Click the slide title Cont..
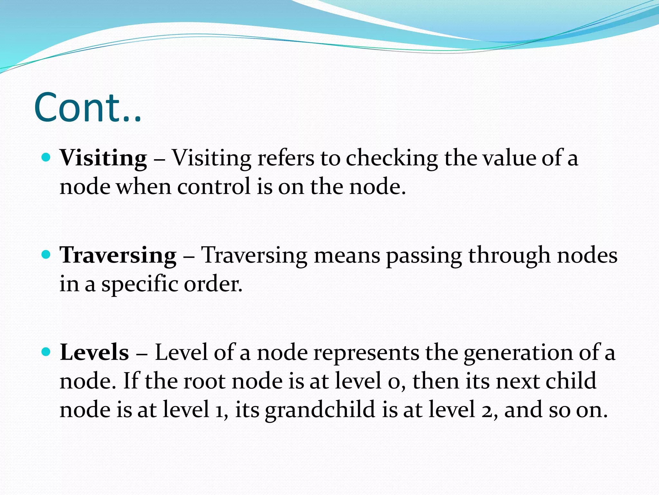[87, 107]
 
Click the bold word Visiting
[103, 158]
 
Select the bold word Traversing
[118, 255]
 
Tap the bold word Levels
[94, 352]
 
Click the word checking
[392, 158]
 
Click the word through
[509, 255]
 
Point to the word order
[213, 284]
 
